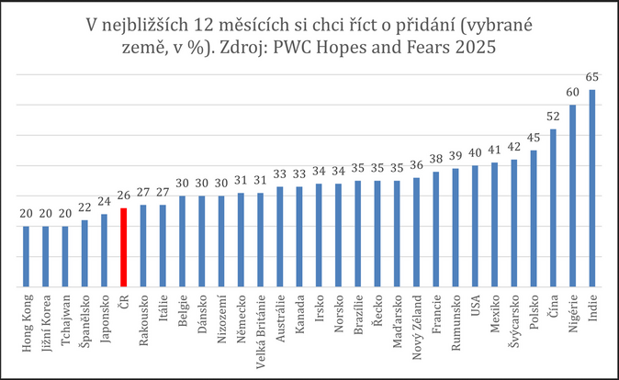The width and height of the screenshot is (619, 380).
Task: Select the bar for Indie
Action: tap(592, 188)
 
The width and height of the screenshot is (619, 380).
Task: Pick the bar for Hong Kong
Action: tap(27, 257)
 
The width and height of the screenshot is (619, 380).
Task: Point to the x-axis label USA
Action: tap(476, 304)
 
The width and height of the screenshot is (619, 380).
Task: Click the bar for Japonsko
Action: tap(105, 251)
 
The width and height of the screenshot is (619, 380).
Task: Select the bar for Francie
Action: tap(436, 229)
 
